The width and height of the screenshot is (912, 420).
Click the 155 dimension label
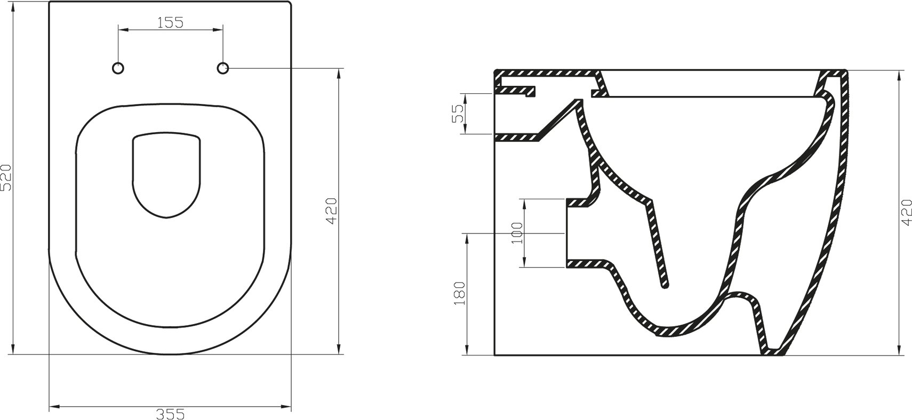(171, 22)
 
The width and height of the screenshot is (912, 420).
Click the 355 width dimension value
(171, 413)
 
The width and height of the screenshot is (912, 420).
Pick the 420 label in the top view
(331, 211)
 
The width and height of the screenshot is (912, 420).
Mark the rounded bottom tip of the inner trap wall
(665, 286)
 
